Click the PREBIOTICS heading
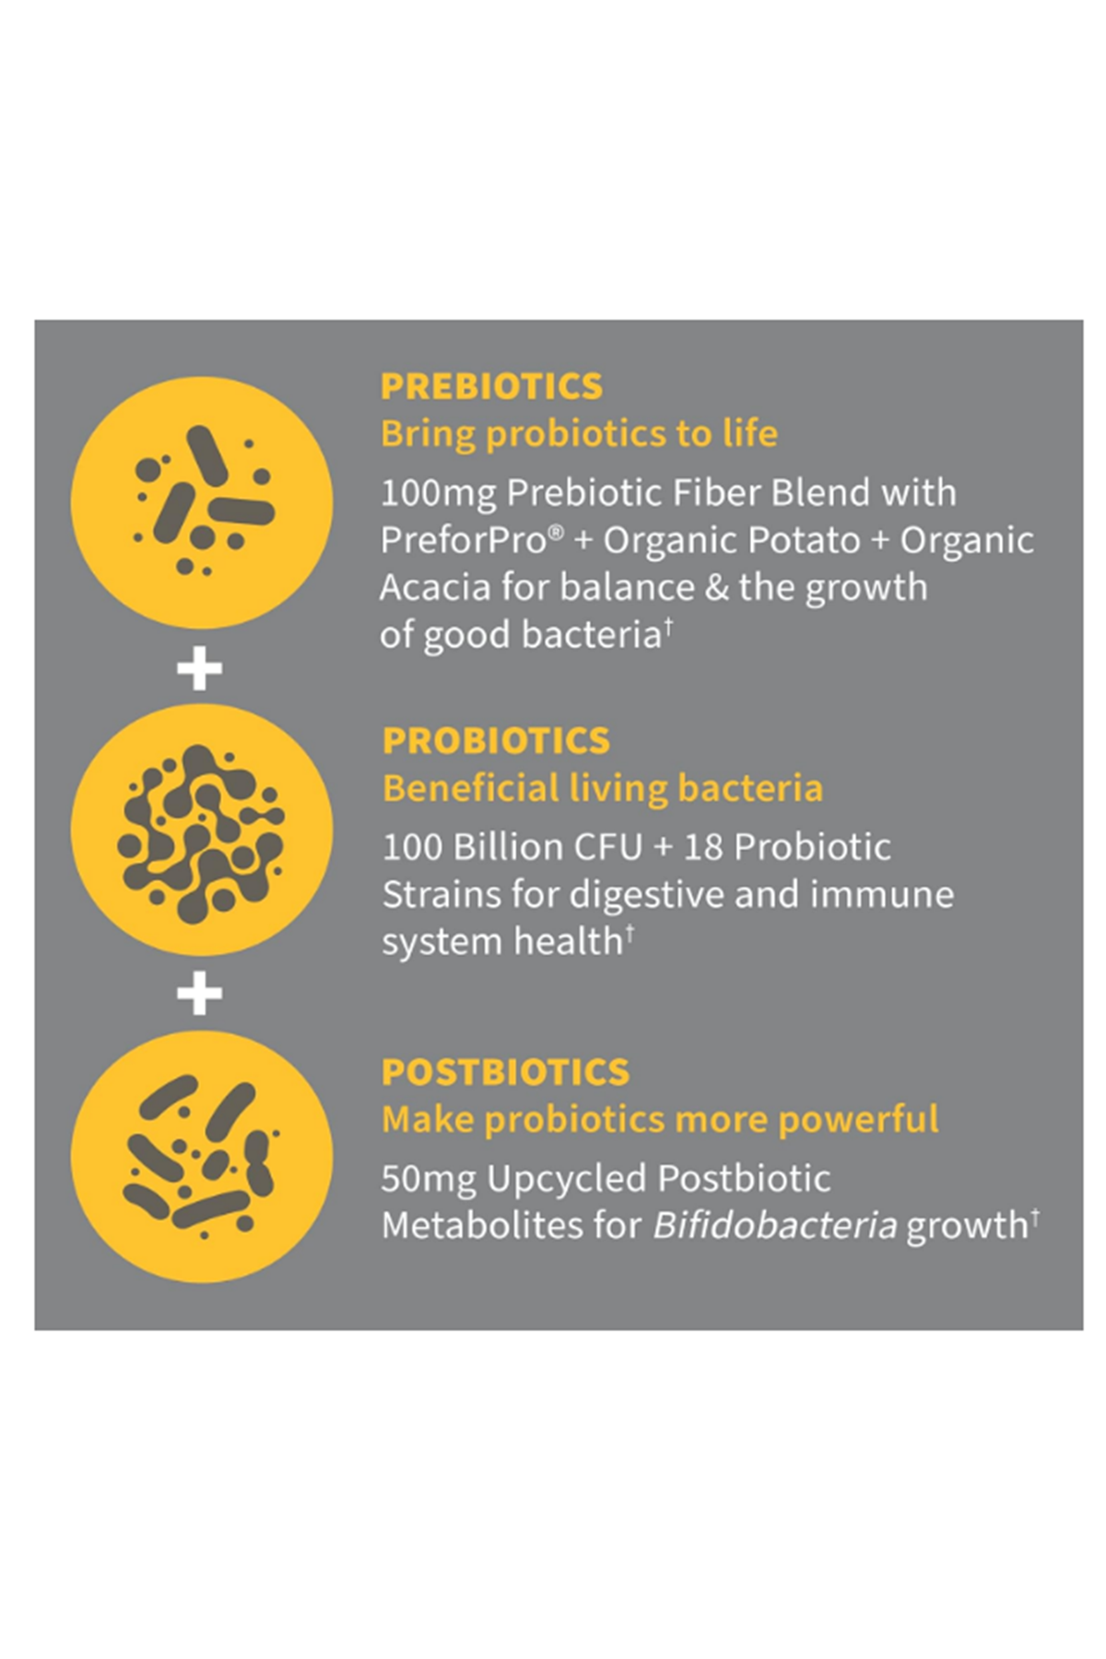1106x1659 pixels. pyautogui.click(x=491, y=386)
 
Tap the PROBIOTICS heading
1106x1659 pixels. pyautogui.click(x=496, y=741)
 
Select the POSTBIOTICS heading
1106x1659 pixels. pyautogui.click(x=505, y=1072)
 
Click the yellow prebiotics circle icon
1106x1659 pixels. pyautogui.click(x=201, y=503)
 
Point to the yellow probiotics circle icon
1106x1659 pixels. pyautogui.click(x=201, y=829)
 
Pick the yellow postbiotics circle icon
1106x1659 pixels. pyautogui.click(x=201, y=1157)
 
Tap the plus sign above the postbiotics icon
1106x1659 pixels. pyautogui.click(x=200, y=993)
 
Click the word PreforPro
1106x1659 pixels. pyautogui.click(x=464, y=540)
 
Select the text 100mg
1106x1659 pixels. pyautogui.click(x=438, y=493)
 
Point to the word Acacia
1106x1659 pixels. pyautogui.click(x=434, y=587)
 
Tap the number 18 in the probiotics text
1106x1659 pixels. pyautogui.click(x=703, y=847)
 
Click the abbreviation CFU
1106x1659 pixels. pyautogui.click(x=607, y=847)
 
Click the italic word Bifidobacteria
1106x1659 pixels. pyautogui.click(x=774, y=1226)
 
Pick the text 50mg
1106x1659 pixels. pyautogui.click(x=429, y=1179)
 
